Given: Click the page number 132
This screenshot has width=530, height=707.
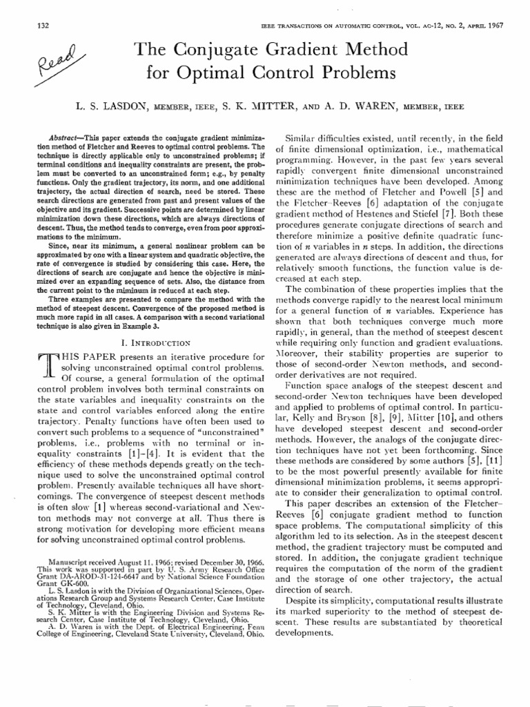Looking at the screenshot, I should point(41,26).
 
